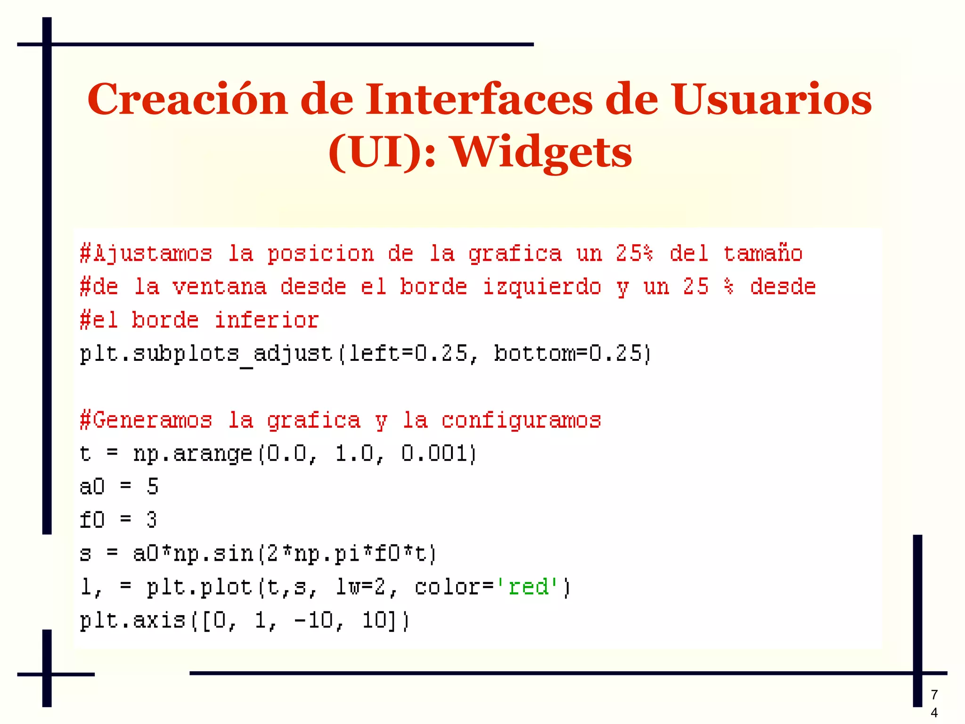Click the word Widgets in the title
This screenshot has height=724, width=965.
point(542,152)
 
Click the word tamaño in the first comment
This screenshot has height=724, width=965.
point(763,254)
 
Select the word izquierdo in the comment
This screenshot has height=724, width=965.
point(542,287)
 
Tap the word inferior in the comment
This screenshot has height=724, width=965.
point(267,321)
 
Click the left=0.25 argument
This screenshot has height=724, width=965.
point(408,354)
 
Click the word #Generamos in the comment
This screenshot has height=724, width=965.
point(146,420)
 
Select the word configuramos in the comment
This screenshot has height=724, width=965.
point(521,420)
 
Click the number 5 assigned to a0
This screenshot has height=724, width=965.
point(153,487)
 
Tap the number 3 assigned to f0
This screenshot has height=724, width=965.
point(151,520)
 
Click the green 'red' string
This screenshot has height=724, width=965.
point(528,587)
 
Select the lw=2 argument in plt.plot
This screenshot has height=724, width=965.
point(360,587)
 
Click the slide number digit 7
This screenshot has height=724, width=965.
point(934,694)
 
